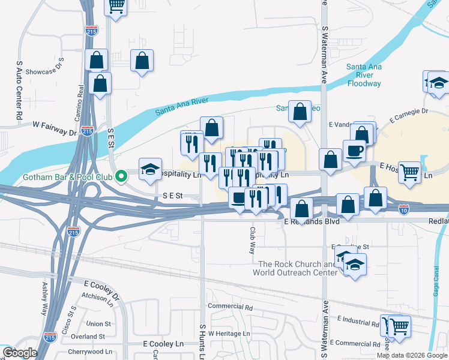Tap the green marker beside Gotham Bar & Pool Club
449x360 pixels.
[121, 176]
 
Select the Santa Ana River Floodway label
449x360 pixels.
[364, 75]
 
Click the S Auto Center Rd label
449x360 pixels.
[19, 88]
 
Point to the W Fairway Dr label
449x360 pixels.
[55, 125]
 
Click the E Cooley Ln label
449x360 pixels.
[163, 344]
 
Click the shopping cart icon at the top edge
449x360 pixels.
[116, 5]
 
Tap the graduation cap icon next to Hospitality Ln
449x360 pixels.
[150, 169]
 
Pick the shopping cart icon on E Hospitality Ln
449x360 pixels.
[409, 172]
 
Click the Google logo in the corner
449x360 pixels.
[20, 353]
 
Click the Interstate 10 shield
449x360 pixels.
[404, 209]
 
